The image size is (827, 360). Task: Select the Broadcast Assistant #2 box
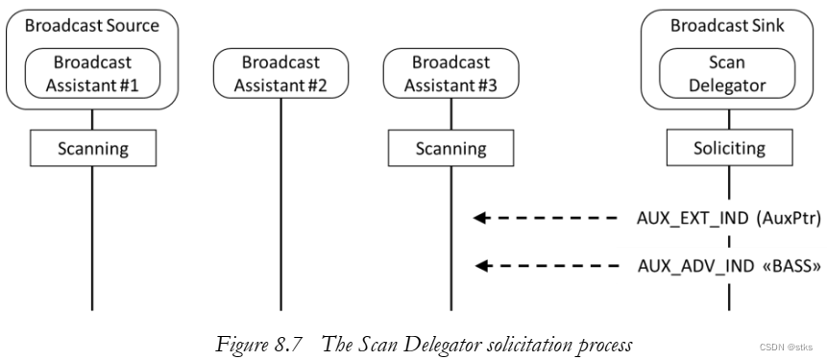pos(281,73)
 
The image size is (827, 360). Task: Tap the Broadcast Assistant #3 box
pos(450,73)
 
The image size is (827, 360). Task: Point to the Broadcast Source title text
pos(92,26)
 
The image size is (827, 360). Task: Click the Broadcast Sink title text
pos(728,26)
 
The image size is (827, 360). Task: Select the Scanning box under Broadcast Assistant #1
pos(92,149)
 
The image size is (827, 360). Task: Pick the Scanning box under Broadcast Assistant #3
pos(450,149)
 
